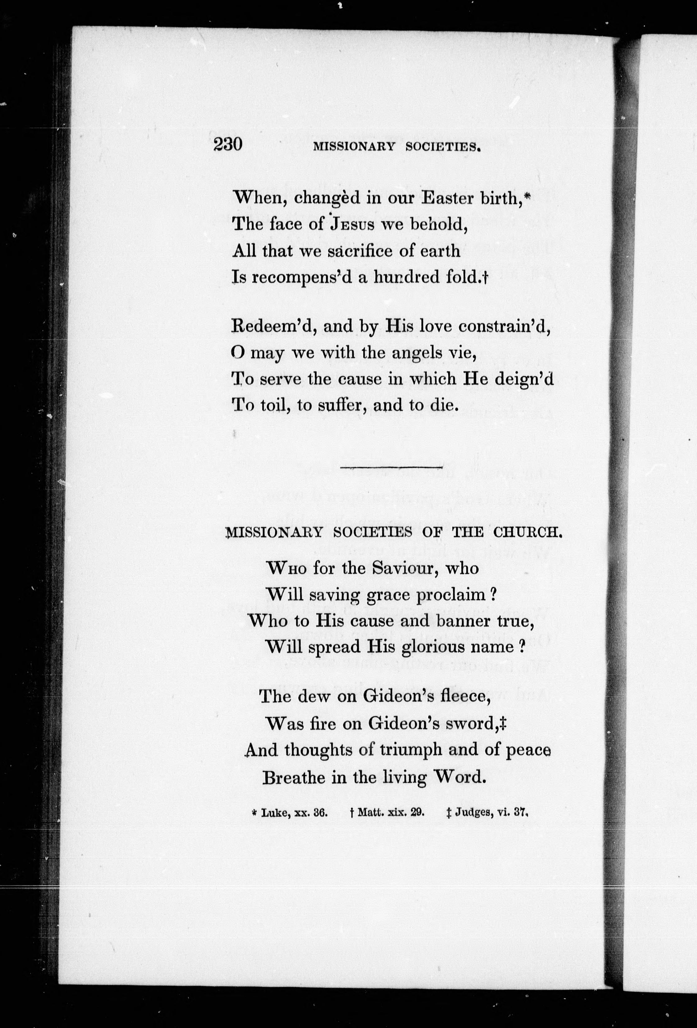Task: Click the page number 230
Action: click(228, 145)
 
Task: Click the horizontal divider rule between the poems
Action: click(392, 467)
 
